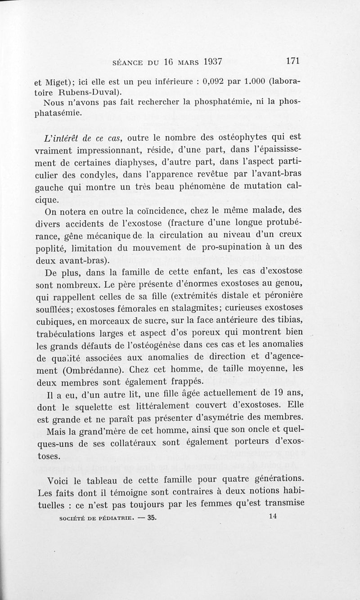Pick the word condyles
pyautogui.click(x=88, y=174)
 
